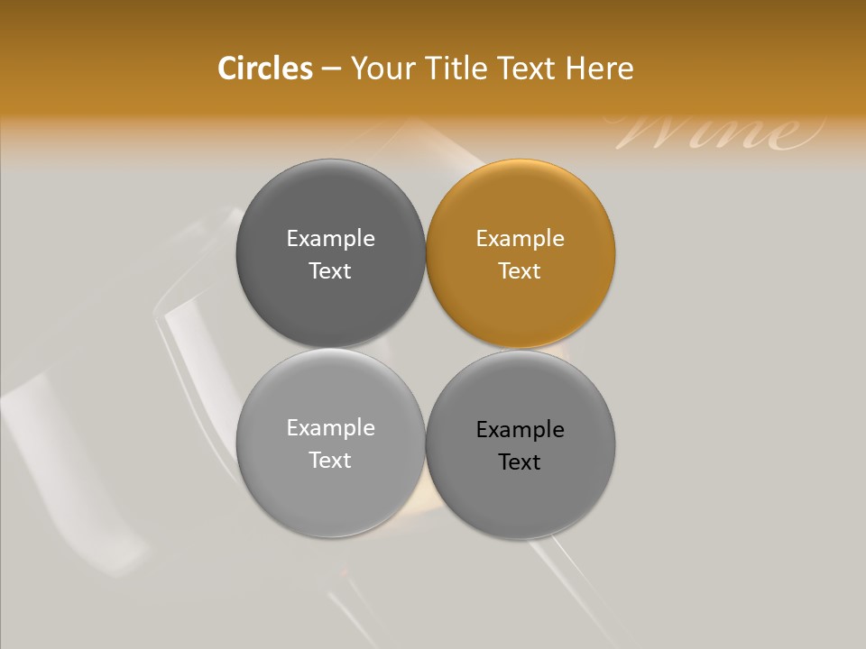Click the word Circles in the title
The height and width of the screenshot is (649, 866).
click(264, 69)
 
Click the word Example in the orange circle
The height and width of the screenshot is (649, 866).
click(521, 239)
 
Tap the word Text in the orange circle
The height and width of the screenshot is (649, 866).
click(521, 271)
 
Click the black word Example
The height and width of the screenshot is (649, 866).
click(521, 430)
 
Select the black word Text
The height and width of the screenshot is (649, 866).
click(521, 462)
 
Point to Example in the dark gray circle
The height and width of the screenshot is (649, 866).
click(330, 239)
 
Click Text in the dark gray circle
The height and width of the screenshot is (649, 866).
click(330, 271)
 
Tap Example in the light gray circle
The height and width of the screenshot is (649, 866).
click(330, 428)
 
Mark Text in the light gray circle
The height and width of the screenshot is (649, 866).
click(330, 461)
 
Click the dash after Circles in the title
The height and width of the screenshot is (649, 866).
click(331, 69)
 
